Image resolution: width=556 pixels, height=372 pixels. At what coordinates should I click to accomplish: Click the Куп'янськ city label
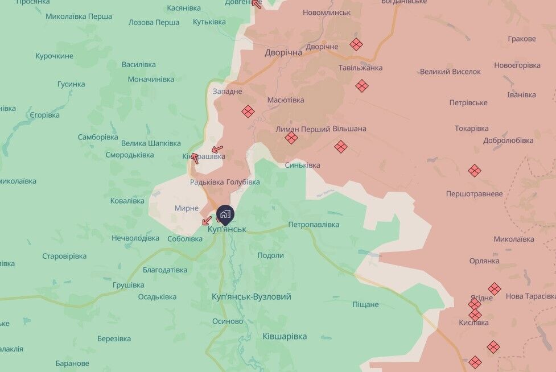point(226,229)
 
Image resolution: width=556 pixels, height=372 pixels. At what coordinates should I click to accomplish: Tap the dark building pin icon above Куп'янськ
point(225,214)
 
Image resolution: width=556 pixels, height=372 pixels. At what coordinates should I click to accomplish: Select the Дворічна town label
point(283,52)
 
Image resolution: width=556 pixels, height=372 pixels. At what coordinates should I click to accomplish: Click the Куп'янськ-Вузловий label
point(251,296)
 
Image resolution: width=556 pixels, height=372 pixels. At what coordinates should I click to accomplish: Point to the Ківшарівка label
point(285,336)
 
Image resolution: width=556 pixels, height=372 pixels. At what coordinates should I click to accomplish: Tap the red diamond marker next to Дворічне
point(356,44)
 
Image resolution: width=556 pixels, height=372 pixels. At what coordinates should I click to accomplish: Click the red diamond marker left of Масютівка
point(248,111)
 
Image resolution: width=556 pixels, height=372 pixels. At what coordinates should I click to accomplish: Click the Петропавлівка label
point(314,224)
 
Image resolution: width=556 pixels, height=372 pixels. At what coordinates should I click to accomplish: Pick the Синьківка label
point(302,165)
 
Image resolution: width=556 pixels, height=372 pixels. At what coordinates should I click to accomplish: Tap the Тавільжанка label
point(360,68)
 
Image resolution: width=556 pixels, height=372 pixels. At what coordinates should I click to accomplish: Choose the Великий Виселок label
point(450,72)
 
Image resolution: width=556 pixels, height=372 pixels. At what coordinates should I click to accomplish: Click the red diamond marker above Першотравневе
point(475,170)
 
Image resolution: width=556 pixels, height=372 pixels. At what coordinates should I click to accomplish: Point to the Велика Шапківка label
point(151,143)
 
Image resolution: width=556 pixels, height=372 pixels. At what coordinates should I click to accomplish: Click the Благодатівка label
point(165,270)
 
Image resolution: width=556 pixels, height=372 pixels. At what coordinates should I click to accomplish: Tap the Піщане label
point(365,304)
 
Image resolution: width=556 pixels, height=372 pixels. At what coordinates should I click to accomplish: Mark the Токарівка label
point(472,128)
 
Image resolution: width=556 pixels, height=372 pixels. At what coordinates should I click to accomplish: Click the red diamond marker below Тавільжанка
point(362,86)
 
